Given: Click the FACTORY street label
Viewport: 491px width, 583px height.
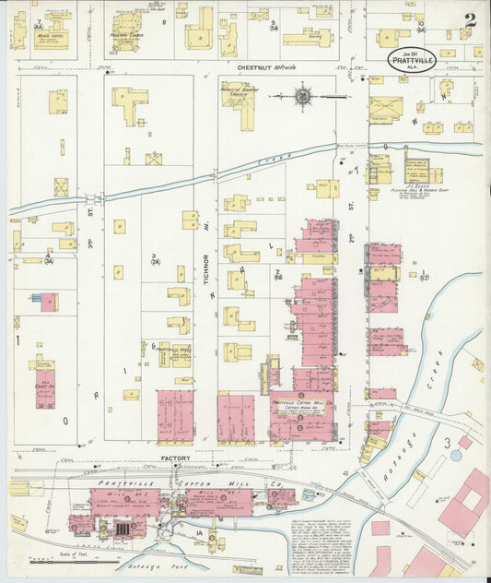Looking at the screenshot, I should [x=174, y=458].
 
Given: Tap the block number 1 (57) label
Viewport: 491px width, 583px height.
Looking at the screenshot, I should [x=424, y=275].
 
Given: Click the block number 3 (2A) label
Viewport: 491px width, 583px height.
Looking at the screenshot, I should [x=156, y=260].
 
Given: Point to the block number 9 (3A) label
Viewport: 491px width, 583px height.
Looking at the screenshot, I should [x=274, y=24].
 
